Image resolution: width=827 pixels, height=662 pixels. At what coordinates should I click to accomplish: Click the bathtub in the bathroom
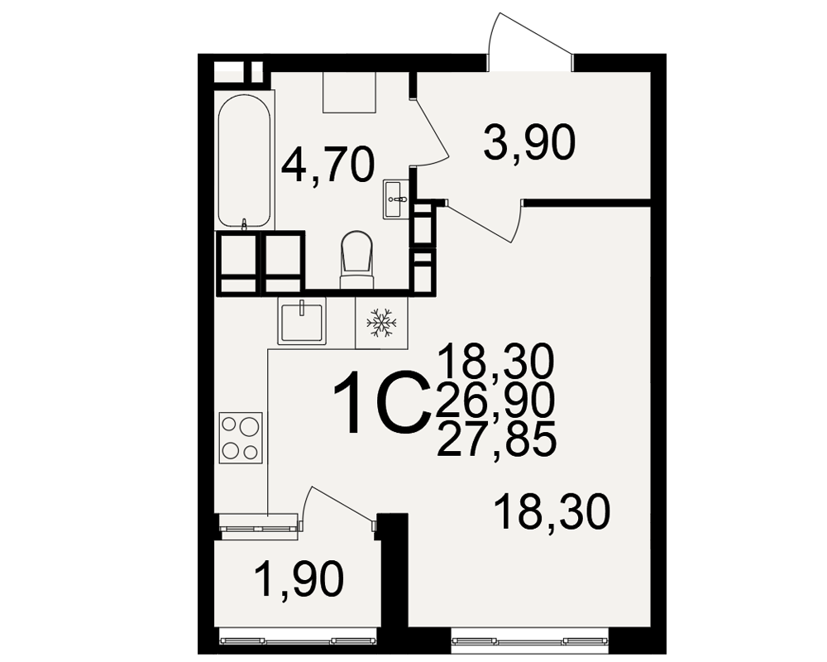(x=244, y=161)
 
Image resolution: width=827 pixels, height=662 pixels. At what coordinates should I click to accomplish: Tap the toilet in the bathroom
(x=356, y=260)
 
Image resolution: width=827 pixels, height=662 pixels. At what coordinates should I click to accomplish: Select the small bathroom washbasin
(x=395, y=199)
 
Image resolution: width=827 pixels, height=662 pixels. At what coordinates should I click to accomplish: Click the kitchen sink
(x=302, y=320)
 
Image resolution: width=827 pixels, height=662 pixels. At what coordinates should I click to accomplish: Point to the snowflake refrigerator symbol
(x=381, y=323)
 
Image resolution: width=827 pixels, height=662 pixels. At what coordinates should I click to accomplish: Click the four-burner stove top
(x=241, y=438)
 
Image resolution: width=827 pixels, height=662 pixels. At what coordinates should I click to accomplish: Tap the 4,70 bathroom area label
(x=327, y=165)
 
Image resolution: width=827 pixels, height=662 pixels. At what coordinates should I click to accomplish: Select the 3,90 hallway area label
(x=529, y=142)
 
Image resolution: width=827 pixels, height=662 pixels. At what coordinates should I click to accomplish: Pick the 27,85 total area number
(x=496, y=439)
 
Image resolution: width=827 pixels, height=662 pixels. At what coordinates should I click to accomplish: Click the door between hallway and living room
(x=483, y=221)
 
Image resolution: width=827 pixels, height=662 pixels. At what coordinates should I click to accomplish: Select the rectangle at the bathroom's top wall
(x=350, y=93)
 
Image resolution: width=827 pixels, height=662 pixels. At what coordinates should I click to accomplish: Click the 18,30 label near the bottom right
(x=552, y=511)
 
